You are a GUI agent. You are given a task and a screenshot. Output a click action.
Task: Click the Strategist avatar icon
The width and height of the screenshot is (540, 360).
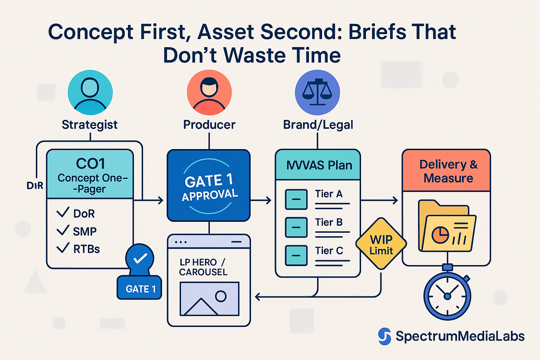pos(90,92)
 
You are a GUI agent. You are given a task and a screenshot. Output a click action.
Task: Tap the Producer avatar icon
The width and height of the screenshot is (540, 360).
pos(209,92)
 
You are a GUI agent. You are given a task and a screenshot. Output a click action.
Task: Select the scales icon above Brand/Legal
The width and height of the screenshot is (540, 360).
pos(317,92)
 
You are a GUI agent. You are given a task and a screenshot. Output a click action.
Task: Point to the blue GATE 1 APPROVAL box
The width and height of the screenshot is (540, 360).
pos(209,186)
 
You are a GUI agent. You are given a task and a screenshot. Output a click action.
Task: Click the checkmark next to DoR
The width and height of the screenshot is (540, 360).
pos(63,212)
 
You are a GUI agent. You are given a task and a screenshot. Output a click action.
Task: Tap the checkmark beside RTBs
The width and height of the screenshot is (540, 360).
pos(63,248)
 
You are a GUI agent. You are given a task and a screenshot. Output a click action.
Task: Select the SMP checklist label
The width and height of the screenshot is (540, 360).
pos(85,231)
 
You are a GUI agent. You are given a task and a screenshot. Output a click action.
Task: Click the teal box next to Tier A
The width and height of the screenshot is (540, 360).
pos(296,199)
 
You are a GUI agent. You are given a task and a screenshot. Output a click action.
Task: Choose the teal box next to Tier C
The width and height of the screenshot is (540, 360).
pos(296,256)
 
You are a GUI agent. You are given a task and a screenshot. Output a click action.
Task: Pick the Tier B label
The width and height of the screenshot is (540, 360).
pos(329,222)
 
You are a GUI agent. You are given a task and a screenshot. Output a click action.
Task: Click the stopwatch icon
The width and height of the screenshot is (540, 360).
pos(447,295)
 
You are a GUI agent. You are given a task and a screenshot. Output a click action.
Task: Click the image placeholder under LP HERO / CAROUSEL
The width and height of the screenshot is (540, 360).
pos(209,298)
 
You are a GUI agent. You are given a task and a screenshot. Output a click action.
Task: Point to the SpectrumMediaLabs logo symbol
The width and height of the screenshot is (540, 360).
pos(385,336)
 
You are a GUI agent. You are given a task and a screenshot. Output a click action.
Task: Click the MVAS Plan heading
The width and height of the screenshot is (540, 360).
pos(319,165)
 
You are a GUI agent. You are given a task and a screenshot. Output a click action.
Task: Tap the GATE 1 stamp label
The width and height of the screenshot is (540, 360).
pos(140,289)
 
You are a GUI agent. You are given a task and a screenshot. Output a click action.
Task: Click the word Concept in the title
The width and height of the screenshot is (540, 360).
pos(91,32)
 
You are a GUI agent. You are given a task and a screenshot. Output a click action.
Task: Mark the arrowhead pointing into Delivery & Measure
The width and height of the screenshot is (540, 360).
pos(396,200)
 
